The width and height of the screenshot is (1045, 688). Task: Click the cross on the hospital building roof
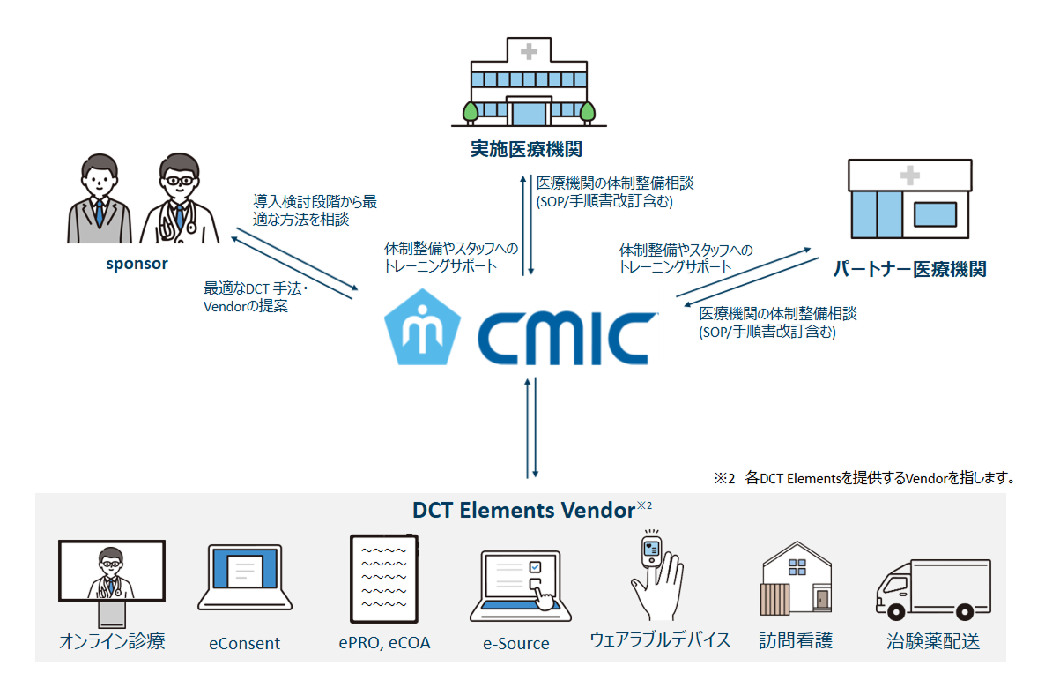529,52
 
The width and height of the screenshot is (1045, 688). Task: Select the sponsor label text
137,263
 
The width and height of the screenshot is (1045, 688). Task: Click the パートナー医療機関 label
909,269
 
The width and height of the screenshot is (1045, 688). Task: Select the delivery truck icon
932,588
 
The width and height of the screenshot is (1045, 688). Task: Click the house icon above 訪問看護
797,580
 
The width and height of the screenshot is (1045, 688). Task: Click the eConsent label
244,643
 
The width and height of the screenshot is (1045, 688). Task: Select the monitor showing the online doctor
111,571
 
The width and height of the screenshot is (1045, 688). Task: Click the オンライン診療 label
112,640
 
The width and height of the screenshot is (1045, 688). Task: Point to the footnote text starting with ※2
865,478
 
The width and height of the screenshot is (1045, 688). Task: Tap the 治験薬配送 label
932,641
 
